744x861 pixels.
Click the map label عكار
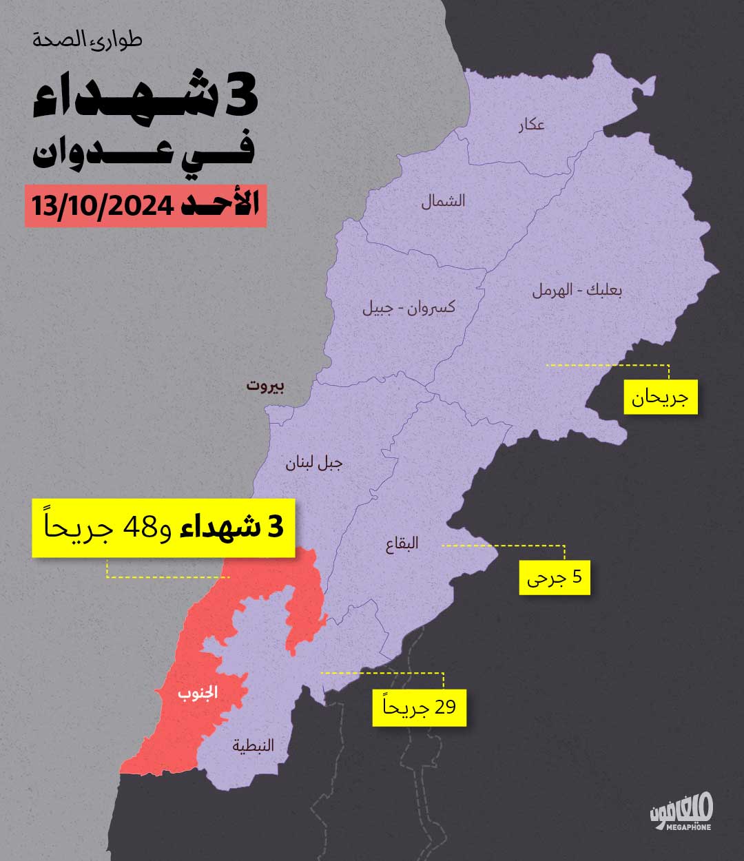[x=532, y=125]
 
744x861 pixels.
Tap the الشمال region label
[x=443, y=200]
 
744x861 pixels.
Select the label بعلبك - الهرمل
[x=577, y=290]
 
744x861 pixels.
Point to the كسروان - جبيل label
[x=409, y=307]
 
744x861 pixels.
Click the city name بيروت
[x=265, y=386]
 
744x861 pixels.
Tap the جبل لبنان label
[x=314, y=463]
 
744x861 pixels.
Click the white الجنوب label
[x=198, y=693]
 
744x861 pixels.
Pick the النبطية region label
[x=253, y=745]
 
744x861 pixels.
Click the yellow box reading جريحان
[x=661, y=397]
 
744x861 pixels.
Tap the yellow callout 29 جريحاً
[x=419, y=707]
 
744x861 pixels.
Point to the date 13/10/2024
[x=101, y=206]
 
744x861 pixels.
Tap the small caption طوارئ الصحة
[x=87, y=40]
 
